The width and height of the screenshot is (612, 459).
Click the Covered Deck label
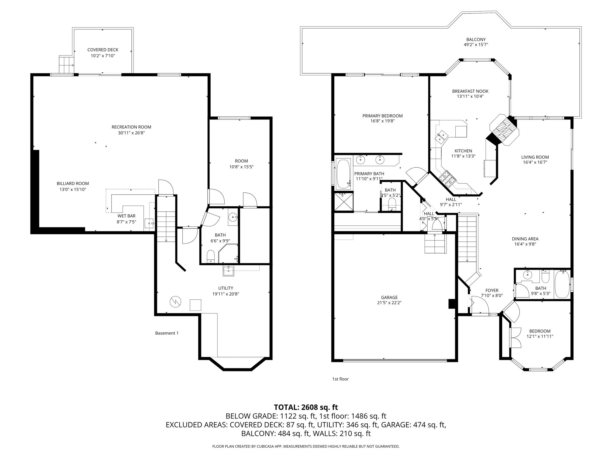103,50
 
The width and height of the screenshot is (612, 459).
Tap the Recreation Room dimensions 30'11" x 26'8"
131,133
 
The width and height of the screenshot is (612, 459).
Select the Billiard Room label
73,183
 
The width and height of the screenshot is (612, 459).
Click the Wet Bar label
126,216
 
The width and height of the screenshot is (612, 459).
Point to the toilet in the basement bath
211,256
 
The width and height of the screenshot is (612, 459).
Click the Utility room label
226,288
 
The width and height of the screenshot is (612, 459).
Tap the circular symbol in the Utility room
175,302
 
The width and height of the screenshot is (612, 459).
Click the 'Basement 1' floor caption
167,333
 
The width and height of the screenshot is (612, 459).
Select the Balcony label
476,39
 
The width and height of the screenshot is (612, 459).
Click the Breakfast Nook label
470,91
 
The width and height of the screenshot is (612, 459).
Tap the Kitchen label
463,151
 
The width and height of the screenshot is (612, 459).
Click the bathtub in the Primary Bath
343,174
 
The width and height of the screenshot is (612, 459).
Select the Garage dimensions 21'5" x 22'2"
389,303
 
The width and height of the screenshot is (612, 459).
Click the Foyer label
492,290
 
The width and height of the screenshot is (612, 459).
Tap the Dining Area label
525,239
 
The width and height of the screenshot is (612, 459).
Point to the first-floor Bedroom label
540,331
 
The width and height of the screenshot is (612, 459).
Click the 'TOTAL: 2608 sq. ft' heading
306,407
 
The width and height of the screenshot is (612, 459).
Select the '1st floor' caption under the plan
340,379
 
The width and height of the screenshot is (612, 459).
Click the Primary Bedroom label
382,116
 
